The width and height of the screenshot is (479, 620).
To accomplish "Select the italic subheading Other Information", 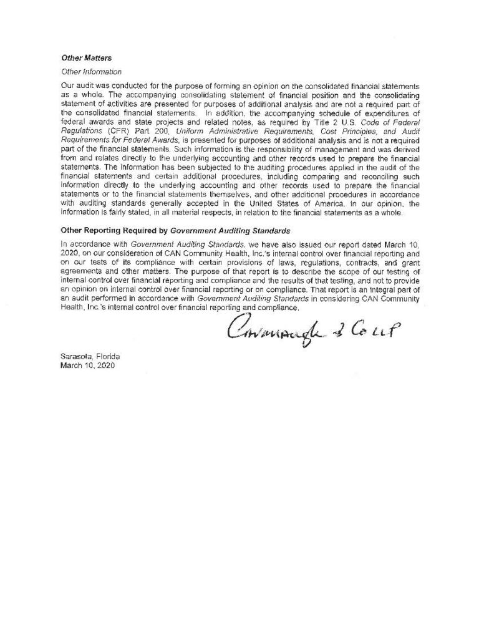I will (x=91, y=72).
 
